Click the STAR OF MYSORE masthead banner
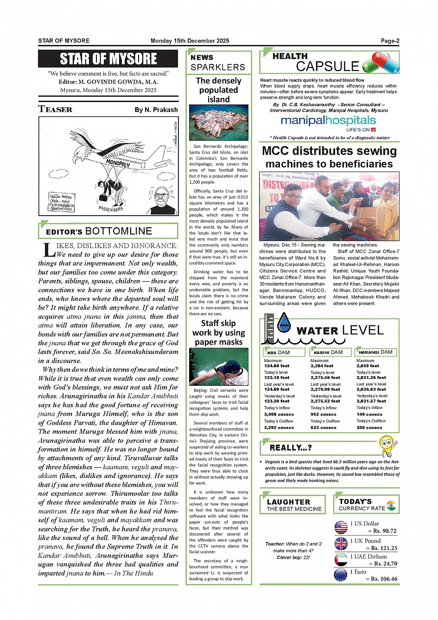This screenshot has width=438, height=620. tap(108, 59)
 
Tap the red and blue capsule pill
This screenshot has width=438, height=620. tap(381, 63)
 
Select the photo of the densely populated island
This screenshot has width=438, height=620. tap(218, 122)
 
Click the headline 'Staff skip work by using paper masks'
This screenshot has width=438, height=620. tap(218, 332)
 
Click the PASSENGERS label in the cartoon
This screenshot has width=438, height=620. tap(111, 209)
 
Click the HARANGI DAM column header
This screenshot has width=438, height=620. tap(375, 352)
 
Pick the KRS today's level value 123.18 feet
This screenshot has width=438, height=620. tap(277, 377)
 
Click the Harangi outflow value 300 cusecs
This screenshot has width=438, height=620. tap(369, 427)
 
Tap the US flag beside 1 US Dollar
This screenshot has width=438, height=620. tap(341, 527)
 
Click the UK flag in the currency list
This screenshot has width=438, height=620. tap(341, 543)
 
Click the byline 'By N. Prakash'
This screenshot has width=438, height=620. tap(156, 110)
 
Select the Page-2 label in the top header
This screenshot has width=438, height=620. tap(390, 41)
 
